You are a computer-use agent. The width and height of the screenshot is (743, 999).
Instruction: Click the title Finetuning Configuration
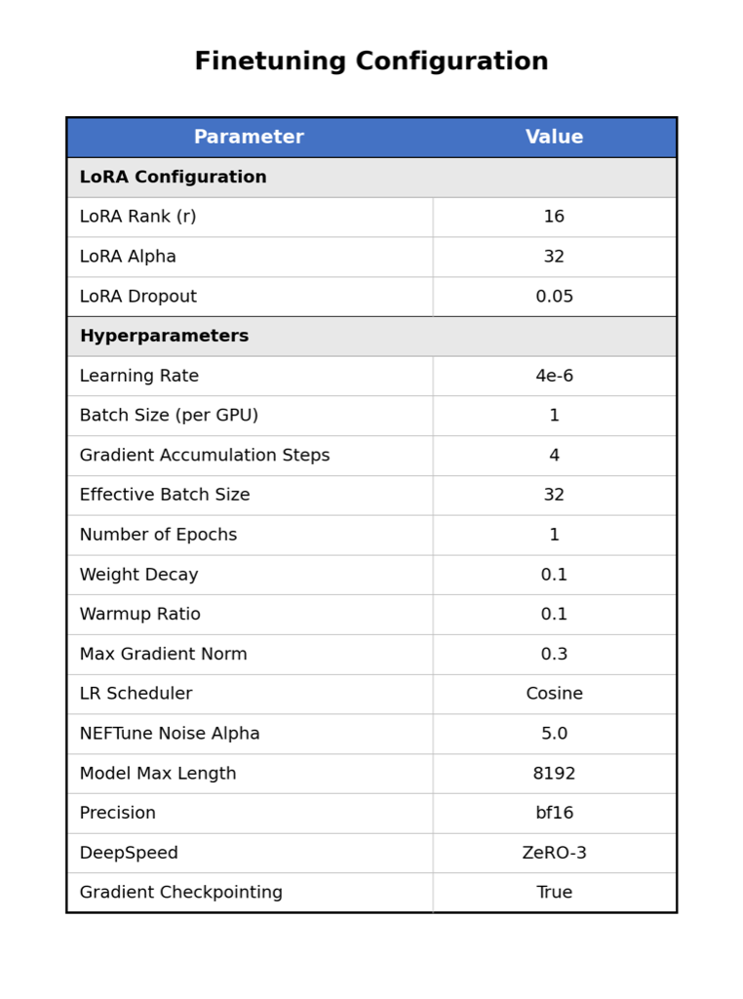click(x=371, y=62)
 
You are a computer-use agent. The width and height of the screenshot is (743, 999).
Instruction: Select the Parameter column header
click(x=249, y=138)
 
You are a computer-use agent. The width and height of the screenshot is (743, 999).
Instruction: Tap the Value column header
click(x=554, y=138)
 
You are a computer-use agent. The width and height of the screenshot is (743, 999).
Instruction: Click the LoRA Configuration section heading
click(x=173, y=178)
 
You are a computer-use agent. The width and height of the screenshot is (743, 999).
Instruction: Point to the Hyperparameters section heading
click(x=164, y=337)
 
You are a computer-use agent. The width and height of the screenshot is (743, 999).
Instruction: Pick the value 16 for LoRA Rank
click(x=554, y=218)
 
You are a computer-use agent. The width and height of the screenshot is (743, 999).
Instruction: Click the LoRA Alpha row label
click(x=128, y=258)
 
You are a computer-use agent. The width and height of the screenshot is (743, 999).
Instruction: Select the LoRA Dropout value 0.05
click(x=554, y=297)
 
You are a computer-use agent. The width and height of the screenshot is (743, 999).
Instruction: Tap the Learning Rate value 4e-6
click(x=554, y=377)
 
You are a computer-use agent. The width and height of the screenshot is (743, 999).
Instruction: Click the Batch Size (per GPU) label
click(x=169, y=416)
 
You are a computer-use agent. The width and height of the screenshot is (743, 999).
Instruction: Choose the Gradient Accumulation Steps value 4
click(x=554, y=456)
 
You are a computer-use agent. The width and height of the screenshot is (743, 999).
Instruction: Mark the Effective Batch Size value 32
click(x=554, y=496)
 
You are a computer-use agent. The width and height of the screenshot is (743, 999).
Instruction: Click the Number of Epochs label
click(x=158, y=536)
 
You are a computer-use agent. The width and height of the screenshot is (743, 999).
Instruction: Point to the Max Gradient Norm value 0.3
click(x=554, y=655)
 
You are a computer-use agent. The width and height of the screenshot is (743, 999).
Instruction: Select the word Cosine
click(x=554, y=695)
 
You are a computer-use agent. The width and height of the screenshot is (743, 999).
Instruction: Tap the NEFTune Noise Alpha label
click(x=170, y=735)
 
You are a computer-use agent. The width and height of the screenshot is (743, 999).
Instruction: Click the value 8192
click(x=554, y=774)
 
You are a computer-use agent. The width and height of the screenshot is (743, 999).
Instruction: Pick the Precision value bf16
click(x=554, y=814)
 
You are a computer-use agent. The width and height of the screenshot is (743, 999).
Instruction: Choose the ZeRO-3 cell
click(x=554, y=854)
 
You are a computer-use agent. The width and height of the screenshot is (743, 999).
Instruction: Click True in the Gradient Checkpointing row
click(x=554, y=893)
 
